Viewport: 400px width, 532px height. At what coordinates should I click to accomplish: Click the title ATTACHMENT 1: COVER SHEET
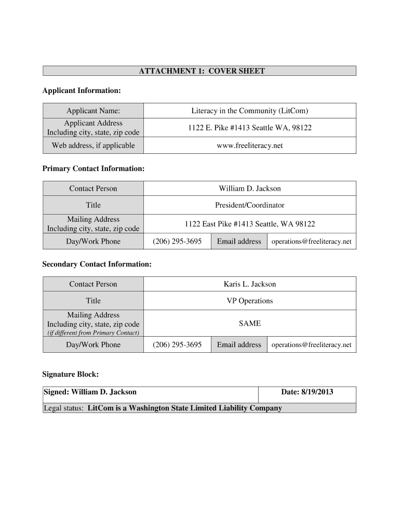(x=202, y=71)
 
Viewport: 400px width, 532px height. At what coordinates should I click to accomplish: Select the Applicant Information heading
(x=81, y=91)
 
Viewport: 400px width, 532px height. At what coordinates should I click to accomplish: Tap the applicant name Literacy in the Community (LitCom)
(x=249, y=111)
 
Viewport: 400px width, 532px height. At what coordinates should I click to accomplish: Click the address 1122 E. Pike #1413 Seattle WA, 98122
(x=249, y=128)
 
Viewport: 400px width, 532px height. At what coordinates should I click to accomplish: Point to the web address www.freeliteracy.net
(x=249, y=145)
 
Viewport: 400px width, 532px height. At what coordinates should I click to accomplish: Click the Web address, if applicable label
(x=93, y=145)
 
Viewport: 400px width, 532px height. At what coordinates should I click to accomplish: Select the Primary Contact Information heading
(x=93, y=169)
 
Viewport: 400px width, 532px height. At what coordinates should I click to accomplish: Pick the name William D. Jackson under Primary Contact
(x=249, y=189)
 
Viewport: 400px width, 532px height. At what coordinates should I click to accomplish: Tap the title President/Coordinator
(x=249, y=205)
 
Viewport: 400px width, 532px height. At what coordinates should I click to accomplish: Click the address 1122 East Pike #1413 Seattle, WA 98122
(x=249, y=224)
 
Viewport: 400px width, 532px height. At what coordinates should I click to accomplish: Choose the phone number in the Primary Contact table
(x=177, y=242)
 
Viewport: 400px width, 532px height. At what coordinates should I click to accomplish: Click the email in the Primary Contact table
(x=311, y=242)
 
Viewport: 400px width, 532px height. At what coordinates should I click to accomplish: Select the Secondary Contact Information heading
(x=97, y=264)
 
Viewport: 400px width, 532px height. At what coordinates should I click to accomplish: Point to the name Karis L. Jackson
(x=249, y=284)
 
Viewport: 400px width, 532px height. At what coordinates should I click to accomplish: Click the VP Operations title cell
(x=249, y=301)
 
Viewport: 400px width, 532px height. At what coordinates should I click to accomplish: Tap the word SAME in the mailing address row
(x=249, y=324)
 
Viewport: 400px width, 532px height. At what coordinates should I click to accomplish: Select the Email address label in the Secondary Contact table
(x=239, y=345)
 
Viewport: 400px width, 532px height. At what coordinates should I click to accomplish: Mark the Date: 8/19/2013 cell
(x=307, y=392)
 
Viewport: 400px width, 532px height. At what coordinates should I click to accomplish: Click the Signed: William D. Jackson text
(x=90, y=392)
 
